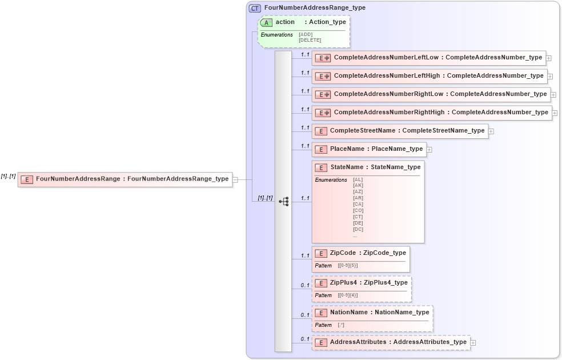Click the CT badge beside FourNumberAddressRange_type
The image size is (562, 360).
[255, 8]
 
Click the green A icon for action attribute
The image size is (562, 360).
[266, 22]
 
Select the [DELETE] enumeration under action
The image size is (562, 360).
[310, 40]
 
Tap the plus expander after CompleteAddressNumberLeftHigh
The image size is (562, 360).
[550, 76]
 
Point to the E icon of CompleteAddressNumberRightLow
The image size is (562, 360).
[323, 94]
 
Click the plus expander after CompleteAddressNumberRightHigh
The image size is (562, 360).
[555, 113]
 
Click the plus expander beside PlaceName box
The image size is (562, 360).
[429, 150]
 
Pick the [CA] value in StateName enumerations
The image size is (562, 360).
[358, 204]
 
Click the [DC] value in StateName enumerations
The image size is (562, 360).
[358, 229]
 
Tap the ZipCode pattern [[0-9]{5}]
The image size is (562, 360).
[348, 266]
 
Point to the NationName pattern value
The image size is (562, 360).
[341, 325]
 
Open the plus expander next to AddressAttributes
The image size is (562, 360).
[473, 343]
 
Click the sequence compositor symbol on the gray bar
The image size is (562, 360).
[283, 201]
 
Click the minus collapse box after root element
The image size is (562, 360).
[235, 179]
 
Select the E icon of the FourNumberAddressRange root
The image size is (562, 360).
[26, 179]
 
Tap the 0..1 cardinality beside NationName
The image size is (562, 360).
[305, 315]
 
